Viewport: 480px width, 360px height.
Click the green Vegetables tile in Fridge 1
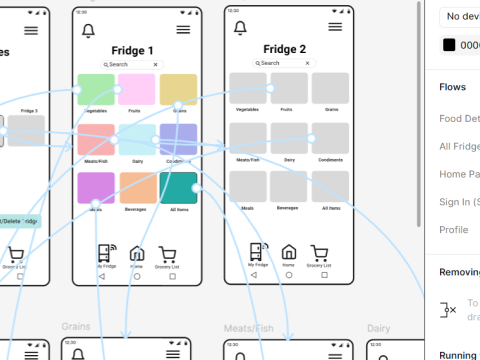point(97,89)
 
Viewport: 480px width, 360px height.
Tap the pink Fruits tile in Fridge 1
point(137,89)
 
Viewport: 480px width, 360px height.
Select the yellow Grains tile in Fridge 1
point(178,89)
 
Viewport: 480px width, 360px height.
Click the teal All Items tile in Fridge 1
point(178,188)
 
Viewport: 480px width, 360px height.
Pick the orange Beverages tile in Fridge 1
point(138,188)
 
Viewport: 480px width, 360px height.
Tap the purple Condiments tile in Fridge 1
point(178,139)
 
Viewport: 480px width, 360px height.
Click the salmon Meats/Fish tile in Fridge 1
point(97,139)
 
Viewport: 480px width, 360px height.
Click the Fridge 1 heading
point(132,51)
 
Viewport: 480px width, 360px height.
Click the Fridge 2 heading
point(284,49)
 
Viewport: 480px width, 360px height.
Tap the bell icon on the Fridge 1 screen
point(88,31)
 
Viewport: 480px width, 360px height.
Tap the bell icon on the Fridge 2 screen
point(240,30)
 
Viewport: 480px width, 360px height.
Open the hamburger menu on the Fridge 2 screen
point(335,30)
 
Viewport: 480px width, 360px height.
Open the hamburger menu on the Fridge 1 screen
point(183,31)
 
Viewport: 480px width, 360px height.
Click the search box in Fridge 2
point(284,63)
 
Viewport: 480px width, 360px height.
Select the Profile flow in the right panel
point(453,229)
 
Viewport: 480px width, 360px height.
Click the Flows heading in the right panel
point(452,87)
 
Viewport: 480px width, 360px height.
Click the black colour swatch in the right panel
point(449,45)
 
